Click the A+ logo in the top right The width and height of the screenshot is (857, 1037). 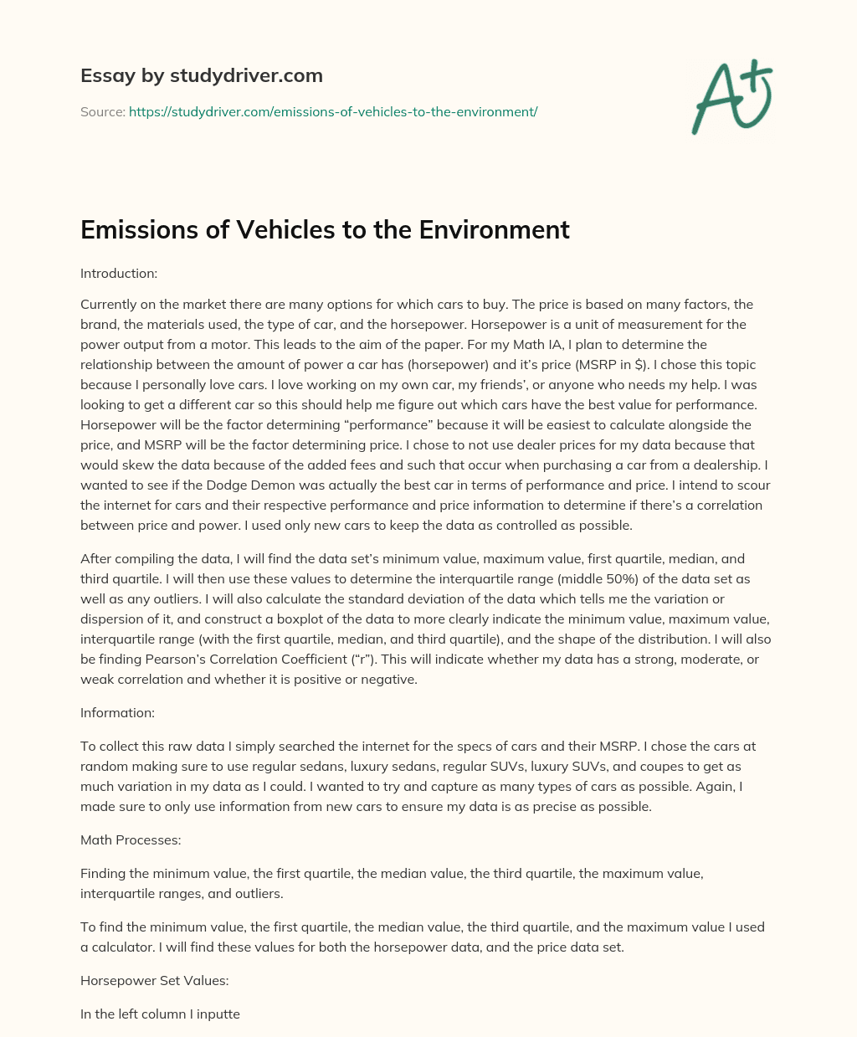(731, 99)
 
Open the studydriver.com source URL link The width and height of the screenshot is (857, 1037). (332, 111)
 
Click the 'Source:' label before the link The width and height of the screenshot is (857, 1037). (102, 111)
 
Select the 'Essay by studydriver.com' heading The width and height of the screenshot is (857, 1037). (201, 75)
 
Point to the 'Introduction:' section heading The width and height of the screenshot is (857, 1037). (119, 273)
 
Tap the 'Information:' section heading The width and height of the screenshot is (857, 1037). (117, 712)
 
